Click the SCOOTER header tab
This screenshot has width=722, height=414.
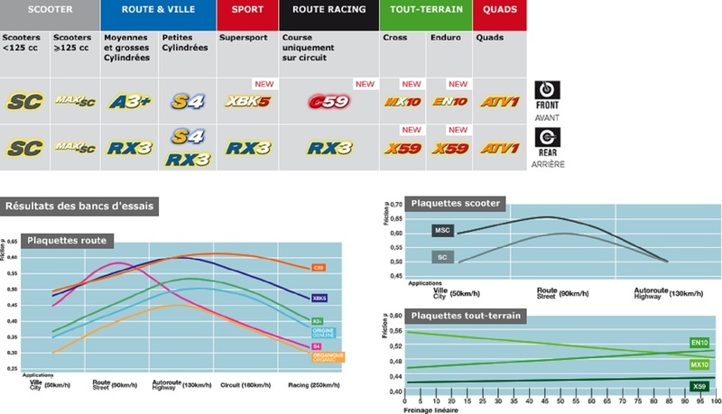click(49, 10)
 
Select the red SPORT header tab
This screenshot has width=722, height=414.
click(246, 10)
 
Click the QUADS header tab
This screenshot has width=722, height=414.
click(499, 10)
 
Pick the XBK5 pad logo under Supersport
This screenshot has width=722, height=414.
click(246, 102)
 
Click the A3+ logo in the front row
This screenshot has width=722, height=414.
click(128, 102)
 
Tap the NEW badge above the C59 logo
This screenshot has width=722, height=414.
click(364, 84)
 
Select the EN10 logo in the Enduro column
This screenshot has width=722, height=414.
click(448, 102)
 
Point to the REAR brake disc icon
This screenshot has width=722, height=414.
click(548, 139)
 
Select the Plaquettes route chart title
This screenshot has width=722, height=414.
click(68, 240)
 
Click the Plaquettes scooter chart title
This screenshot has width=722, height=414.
click(456, 204)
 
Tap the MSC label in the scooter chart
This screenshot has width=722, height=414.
click(441, 232)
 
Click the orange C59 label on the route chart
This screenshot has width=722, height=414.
click(319, 268)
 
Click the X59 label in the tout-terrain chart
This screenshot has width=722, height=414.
click(698, 386)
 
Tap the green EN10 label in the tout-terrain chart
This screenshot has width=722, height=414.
click(699, 343)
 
